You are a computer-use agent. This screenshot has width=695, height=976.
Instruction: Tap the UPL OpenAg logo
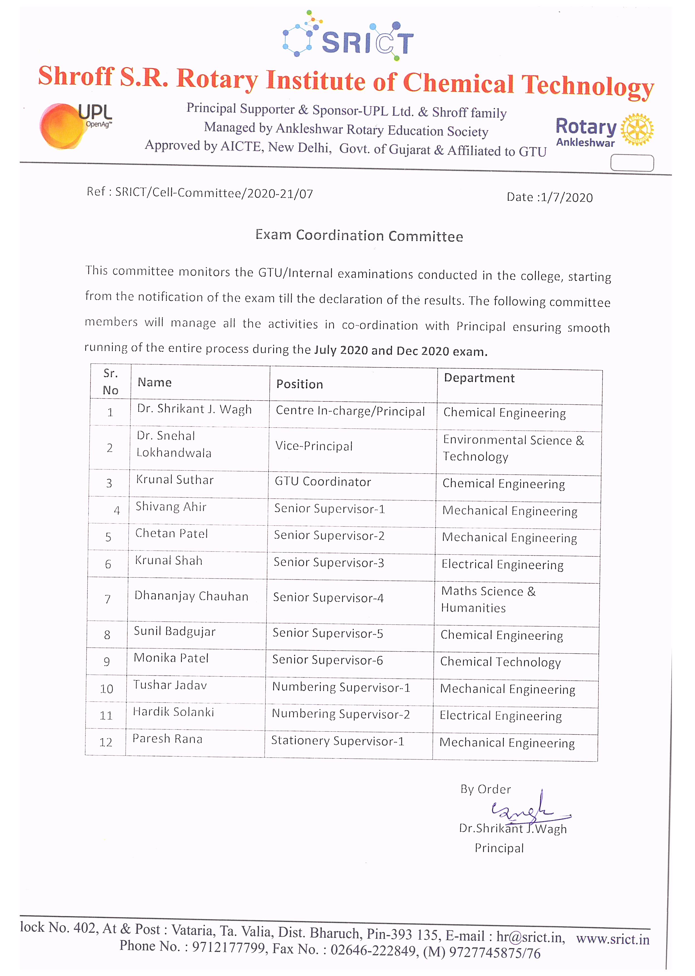pos(75,125)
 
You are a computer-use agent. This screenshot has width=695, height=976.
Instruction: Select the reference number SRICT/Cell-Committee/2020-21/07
pos(214,193)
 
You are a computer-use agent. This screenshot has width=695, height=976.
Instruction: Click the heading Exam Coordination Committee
pos(359,235)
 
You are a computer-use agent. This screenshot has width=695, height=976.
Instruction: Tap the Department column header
pos(479,378)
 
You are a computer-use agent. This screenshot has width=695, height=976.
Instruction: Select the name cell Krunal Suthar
pos(175,480)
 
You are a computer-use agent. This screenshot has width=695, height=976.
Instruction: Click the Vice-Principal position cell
pos(314,446)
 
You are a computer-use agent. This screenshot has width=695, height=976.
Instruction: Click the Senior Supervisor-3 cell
pos(328,562)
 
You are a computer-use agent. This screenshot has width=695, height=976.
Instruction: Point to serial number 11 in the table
pos(106,715)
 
